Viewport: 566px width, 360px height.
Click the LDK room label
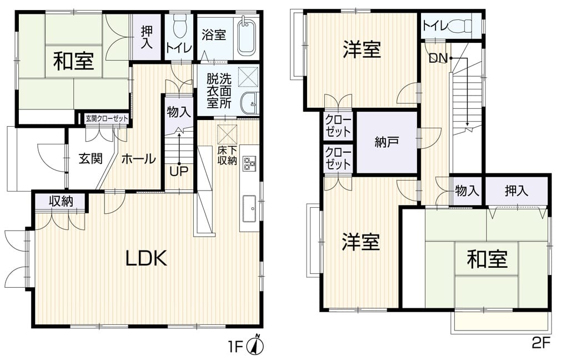click(x=146, y=258)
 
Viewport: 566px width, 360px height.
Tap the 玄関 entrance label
click(x=91, y=158)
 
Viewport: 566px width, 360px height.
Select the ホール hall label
click(x=138, y=159)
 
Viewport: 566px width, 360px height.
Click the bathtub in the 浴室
click(x=247, y=36)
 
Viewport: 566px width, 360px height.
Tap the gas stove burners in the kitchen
click(x=249, y=163)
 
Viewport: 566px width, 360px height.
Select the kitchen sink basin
click(x=249, y=208)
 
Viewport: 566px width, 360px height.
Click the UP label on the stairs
click(x=179, y=172)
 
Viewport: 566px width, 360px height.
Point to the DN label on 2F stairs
click(x=438, y=58)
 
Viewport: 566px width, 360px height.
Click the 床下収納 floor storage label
click(x=227, y=156)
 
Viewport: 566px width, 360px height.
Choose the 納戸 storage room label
click(x=387, y=142)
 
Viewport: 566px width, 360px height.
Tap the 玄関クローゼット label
click(x=107, y=118)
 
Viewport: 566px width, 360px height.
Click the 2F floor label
click(x=541, y=343)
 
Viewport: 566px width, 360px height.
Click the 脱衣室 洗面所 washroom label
click(x=219, y=91)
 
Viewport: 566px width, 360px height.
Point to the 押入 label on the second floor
click(x=516, y=191)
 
